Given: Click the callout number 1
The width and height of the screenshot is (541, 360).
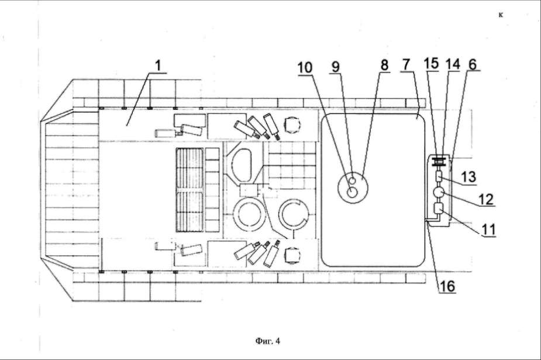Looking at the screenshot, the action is [x=158, y=66].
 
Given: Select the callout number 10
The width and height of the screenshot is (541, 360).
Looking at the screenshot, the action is [x=305, y=68].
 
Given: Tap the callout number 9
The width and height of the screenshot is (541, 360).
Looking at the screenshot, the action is [x=336, y=67].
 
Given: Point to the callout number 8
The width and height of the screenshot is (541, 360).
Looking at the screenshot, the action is [x=384, y=65].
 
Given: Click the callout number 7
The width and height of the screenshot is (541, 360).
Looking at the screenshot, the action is [x=406, y=65].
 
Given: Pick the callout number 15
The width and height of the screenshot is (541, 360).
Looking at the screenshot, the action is [x=431, y=64].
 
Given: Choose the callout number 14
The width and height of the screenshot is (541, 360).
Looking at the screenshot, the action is [x=453, y=64].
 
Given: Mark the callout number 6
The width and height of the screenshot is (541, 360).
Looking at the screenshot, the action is [x=473, y=64].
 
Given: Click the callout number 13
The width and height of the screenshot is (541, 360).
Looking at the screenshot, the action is [x=469, y=177].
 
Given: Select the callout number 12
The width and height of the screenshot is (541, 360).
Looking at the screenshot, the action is [x=486, y=199].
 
